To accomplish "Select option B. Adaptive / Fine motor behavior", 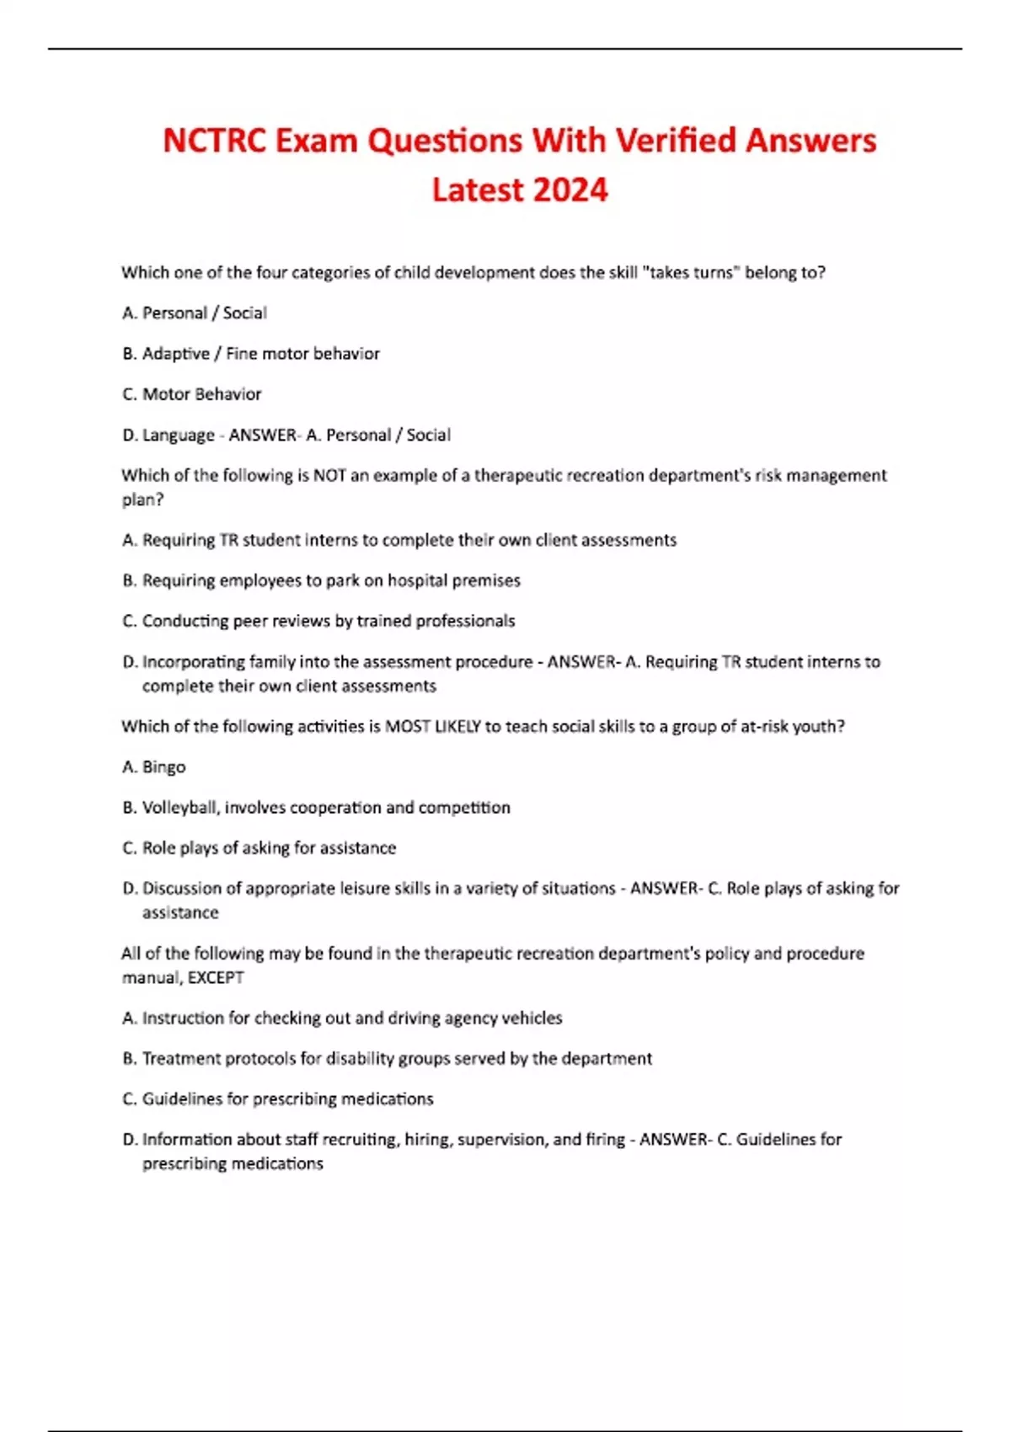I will click(251, 354).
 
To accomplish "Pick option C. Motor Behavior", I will click(192, 394).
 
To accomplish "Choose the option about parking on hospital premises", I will click(321, 580).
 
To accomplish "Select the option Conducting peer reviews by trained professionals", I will click(318, 622).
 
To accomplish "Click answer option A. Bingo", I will click(154, 767).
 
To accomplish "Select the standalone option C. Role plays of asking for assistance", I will click(259, 848).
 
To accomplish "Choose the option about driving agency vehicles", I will click(342, 1018).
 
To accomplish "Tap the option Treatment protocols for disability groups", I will click(388, 1059).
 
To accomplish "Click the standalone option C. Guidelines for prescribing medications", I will click(278, 1099).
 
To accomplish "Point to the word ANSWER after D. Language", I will click(262, 435).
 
